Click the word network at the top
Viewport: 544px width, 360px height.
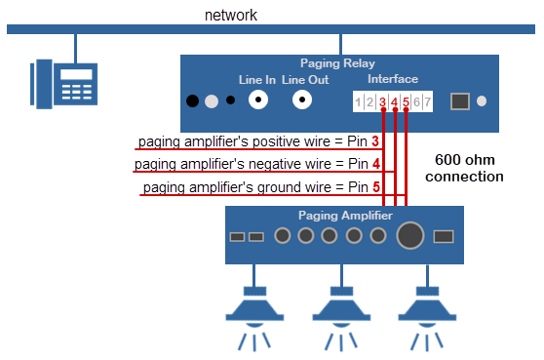click(x=229, y=16)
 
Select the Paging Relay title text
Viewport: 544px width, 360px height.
click(x=339, y=61)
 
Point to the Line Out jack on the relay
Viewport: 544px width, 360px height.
click(x=304, y=100)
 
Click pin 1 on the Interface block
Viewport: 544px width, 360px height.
click(x=359, y=101)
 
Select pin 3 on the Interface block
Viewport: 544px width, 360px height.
click(x=382, y=101)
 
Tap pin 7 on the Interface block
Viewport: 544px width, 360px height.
click(x=427, y=101)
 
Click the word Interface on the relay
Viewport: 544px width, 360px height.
click(x=393, y=79)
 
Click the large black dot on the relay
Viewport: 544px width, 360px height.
click(x=193, y=100)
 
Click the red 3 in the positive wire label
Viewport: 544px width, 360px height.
click(x=374, y=141)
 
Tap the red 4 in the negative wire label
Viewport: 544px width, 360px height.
click(x=375, y=164)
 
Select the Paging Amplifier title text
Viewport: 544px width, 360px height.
click(x=343, y=216)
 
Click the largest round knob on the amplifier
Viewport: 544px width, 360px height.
click(x=410, y=235)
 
